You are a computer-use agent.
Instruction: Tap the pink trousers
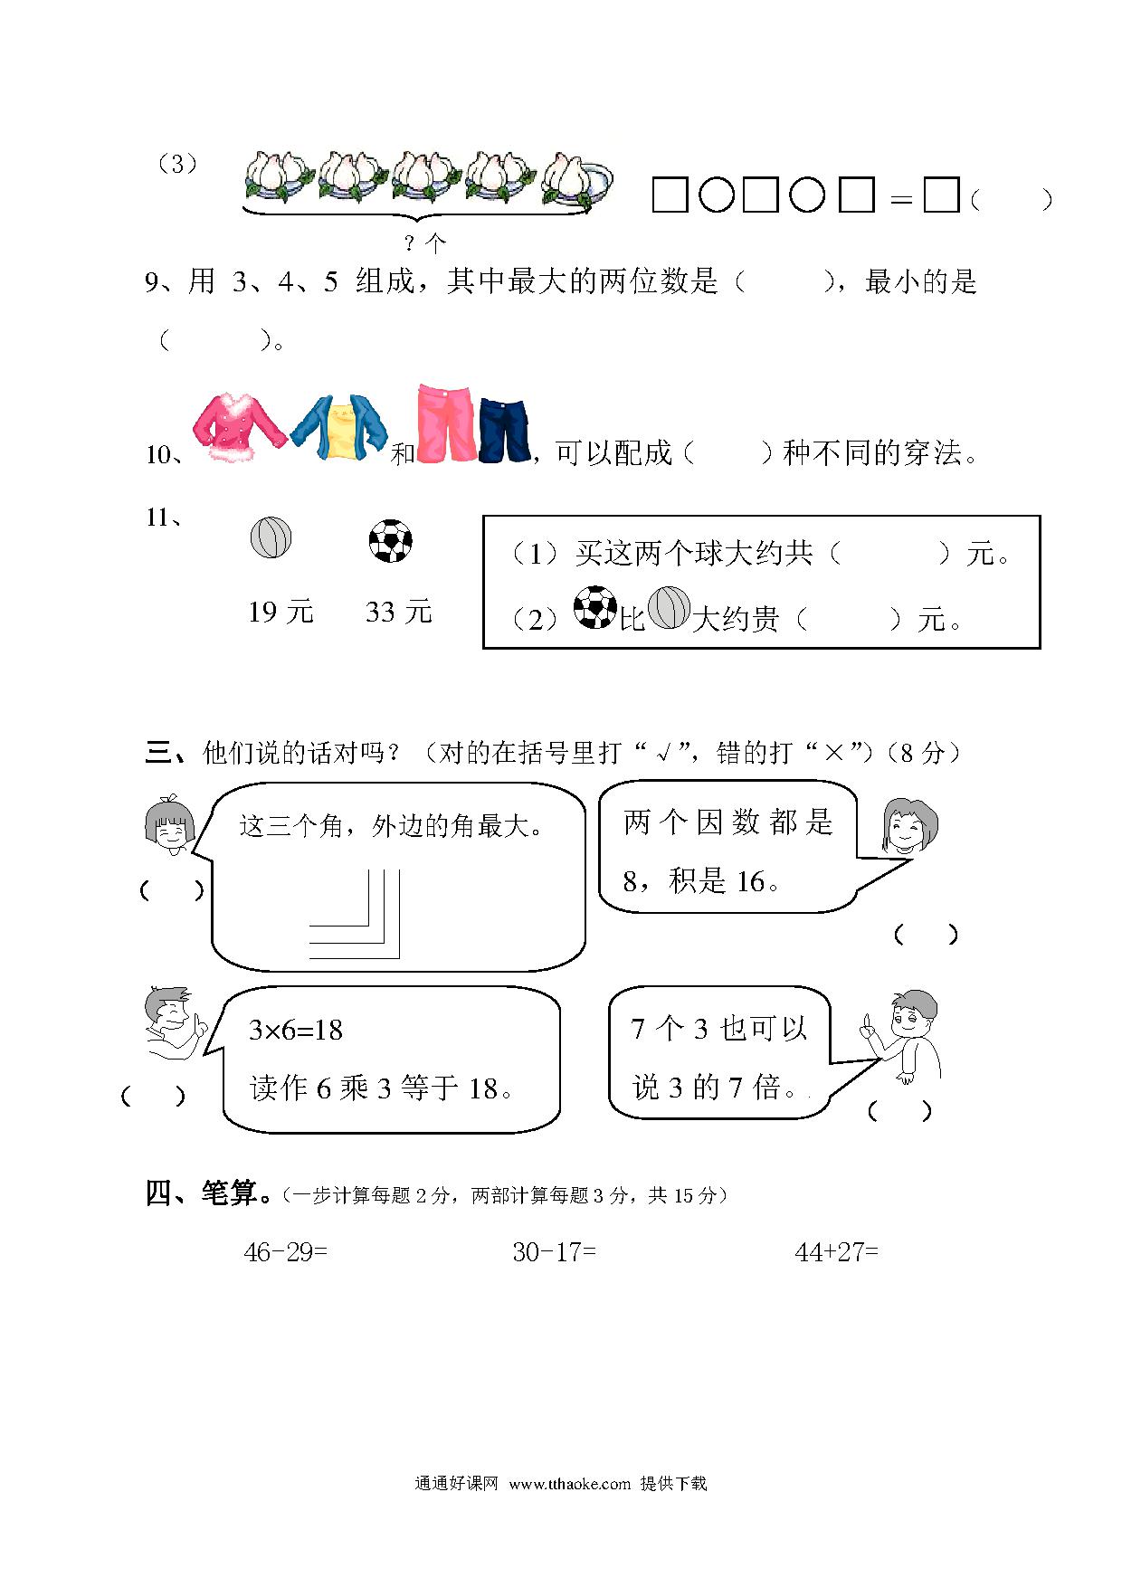click(x=446, y=423)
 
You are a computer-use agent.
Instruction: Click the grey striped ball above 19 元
click(x=271, y=537)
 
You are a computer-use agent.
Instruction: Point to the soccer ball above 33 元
click(x=391, y=540)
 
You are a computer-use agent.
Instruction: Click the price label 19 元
click(x=280, y=612)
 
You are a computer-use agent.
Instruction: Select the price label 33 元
click(x=399, y=612)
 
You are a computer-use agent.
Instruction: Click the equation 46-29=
click(x=286, y=1252)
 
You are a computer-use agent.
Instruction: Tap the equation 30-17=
click(x=554, y=1252)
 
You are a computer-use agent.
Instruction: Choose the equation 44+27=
click(x=836, y=1252)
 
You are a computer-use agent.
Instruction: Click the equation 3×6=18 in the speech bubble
click(x=296, y=1030)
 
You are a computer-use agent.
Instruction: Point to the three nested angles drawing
click(x=355, y=914)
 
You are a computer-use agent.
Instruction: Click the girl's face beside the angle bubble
click(x=170, y=827)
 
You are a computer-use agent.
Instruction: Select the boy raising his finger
click(x=901, y=1036)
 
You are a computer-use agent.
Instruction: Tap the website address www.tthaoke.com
click(x=569, y=1483)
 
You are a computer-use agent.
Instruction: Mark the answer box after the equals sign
click(x=941, y=195)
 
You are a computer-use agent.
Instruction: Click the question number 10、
click(x=165, y=453)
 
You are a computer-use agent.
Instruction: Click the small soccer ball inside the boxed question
click(x=595, y=608)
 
